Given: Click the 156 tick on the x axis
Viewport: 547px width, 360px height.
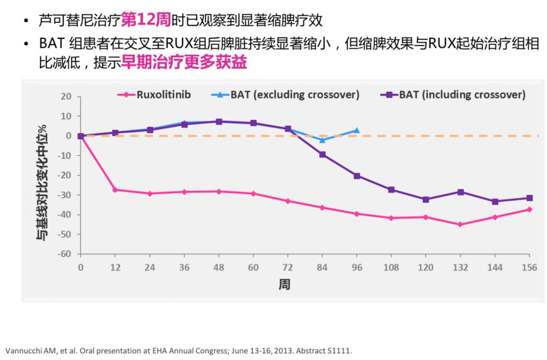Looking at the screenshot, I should coord(529,267).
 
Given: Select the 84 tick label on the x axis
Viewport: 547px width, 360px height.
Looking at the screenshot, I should coord(322,267).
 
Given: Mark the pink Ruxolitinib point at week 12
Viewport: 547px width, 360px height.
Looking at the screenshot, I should coord(115,190).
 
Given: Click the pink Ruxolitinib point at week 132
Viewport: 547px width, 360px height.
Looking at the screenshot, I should coord(460,224).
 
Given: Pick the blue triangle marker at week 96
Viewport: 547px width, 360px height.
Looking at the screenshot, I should coord(357,131).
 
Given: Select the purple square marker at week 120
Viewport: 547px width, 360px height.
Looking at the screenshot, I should coord(425,199).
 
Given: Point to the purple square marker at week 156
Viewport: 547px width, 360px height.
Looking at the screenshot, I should coord(529,198).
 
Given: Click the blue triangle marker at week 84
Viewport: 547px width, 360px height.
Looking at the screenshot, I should coord(322,140).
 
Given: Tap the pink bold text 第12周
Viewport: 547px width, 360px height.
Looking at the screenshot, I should coord(146,21).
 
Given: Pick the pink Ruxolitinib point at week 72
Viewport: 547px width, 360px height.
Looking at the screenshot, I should coord(288,201).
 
